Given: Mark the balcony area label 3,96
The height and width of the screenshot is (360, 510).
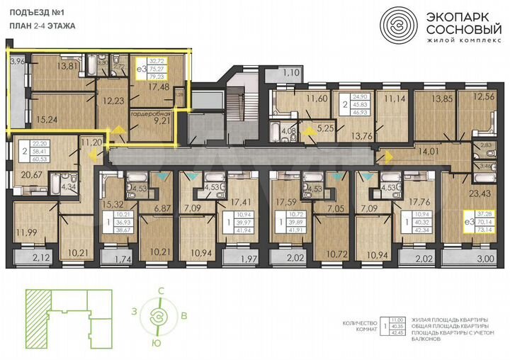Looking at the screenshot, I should tap(18, 62).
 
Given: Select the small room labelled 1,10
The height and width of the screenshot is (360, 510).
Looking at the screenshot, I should tap(291, 72).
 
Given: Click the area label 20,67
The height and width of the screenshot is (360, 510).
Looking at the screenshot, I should tap(30, 172).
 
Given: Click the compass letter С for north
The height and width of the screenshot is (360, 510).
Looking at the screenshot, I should tap(161, 291).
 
